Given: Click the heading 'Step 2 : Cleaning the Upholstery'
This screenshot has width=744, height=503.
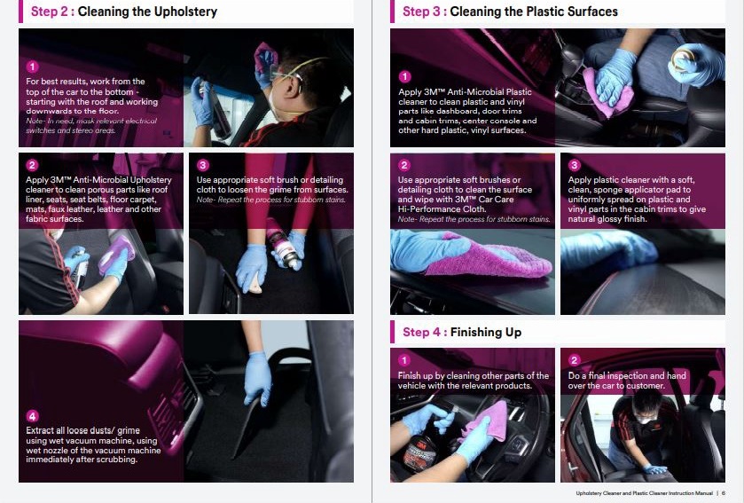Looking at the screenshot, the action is (x=124, y=12).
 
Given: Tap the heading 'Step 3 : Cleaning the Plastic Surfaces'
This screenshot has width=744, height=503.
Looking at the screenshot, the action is (x=510, y=12).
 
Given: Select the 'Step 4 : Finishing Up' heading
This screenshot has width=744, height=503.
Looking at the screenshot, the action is (x=462, y=332).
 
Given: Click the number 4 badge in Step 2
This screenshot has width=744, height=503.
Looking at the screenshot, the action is (x=32, y=416).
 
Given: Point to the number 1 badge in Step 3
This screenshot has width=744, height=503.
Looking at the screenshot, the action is (x=404, y=76).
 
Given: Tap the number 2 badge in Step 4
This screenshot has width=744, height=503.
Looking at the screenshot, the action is (x=574, y=360).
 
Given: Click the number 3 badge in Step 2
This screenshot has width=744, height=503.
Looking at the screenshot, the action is (x=202, y=165).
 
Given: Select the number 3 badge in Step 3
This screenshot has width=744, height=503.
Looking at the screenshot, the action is (x=574, y=165).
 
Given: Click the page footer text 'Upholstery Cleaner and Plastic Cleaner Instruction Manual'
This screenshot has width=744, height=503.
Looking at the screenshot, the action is (x=644, y=493).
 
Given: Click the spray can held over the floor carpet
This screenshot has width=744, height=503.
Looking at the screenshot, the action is (x=284, y=244).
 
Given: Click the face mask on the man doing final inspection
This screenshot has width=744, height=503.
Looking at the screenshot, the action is (x=643, y=420).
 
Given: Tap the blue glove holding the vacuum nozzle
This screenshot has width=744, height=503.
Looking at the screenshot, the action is (x=258, y=378).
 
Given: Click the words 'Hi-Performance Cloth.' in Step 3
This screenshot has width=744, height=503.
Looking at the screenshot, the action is (x=442, y=209).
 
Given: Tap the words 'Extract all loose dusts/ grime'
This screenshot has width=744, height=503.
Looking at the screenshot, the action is (x=83, y=430).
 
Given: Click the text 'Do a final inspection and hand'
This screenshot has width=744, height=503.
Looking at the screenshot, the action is (x=627, y=376).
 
